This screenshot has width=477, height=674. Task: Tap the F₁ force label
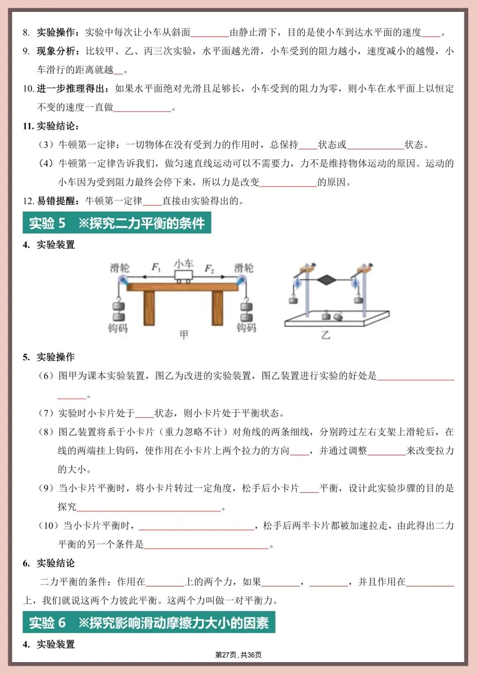coord(156,267)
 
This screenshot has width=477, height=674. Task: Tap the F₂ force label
coord(209,269)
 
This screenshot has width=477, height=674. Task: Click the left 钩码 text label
coord(118,328)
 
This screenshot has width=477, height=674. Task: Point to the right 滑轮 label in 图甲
coord(244,268)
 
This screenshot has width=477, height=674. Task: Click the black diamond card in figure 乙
coord(327,280)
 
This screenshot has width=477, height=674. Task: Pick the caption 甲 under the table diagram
coord(184,335)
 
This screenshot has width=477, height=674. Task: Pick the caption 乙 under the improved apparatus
coord(326,335)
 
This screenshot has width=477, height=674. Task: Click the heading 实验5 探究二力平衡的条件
coord(117,223)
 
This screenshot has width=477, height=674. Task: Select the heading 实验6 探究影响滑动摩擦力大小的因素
coord(149,622)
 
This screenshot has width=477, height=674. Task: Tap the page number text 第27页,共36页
coord(238,655)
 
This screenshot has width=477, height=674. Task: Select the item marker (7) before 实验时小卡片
coord(46,413)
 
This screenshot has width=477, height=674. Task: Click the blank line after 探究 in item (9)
coord(148,508)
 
